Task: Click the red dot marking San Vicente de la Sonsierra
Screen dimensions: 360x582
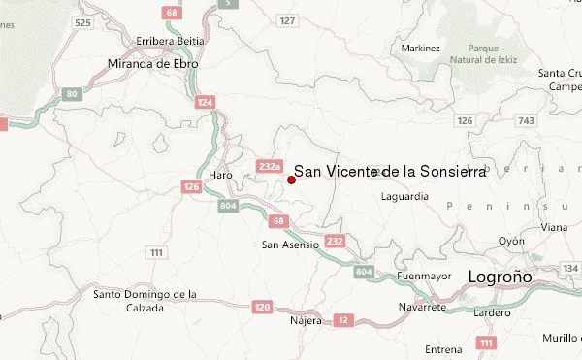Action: point(291,180)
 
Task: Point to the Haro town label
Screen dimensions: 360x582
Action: point(220,174)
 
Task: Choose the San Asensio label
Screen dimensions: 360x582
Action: point(290,245)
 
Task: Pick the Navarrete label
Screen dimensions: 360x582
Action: point(422,307)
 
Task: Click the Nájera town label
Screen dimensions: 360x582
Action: point(306,319)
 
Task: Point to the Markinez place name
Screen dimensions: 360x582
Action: point(420,48)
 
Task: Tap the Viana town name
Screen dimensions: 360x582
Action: point(554,226)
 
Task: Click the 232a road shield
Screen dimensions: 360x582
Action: point(268,167)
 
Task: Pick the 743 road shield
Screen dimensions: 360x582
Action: point(527,120)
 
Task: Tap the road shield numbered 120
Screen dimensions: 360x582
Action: point(262,307)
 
